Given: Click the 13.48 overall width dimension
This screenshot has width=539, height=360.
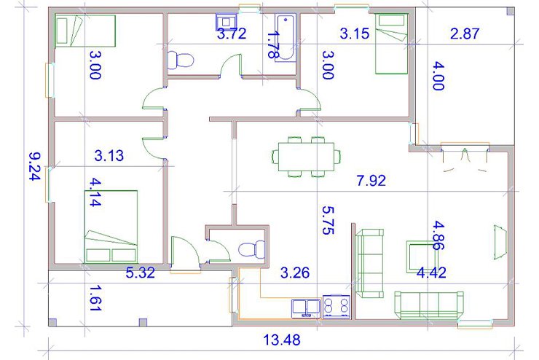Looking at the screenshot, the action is point(282,340).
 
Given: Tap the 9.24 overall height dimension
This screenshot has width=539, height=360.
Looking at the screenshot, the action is point(35,166).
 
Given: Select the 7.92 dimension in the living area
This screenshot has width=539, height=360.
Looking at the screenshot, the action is point(371,180).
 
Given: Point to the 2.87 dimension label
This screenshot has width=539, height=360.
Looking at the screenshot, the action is point(465,34).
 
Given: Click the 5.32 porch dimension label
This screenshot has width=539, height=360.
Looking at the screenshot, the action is point(141,273).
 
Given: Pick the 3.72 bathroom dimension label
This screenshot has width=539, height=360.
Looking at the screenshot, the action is point(232,34).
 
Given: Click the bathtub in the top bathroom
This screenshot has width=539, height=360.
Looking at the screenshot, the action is point(286,38).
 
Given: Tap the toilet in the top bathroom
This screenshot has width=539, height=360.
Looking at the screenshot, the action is point(181,60).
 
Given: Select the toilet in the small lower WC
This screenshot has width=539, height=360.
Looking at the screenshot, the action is point(251,249).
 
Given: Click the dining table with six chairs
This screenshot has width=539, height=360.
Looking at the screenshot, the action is point(306,157).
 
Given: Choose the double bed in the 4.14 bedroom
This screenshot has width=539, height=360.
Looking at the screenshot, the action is point(111,227).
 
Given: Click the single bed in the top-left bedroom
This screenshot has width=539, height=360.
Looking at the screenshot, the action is point(85,31).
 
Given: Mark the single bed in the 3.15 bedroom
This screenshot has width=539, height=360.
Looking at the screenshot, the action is point(392,44).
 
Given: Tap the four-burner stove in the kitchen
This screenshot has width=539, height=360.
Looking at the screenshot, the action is point(337,306).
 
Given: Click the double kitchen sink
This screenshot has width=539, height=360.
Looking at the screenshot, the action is point(306,308).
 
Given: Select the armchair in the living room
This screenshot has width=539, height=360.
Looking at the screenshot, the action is point(420,257).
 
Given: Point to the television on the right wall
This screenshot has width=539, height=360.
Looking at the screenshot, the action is point(500,241).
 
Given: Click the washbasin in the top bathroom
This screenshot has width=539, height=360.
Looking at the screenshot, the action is point(227,22).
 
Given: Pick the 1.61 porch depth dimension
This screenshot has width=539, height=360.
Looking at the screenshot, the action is point(95,298).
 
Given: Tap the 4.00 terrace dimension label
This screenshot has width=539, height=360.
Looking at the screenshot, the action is point(438,76).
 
